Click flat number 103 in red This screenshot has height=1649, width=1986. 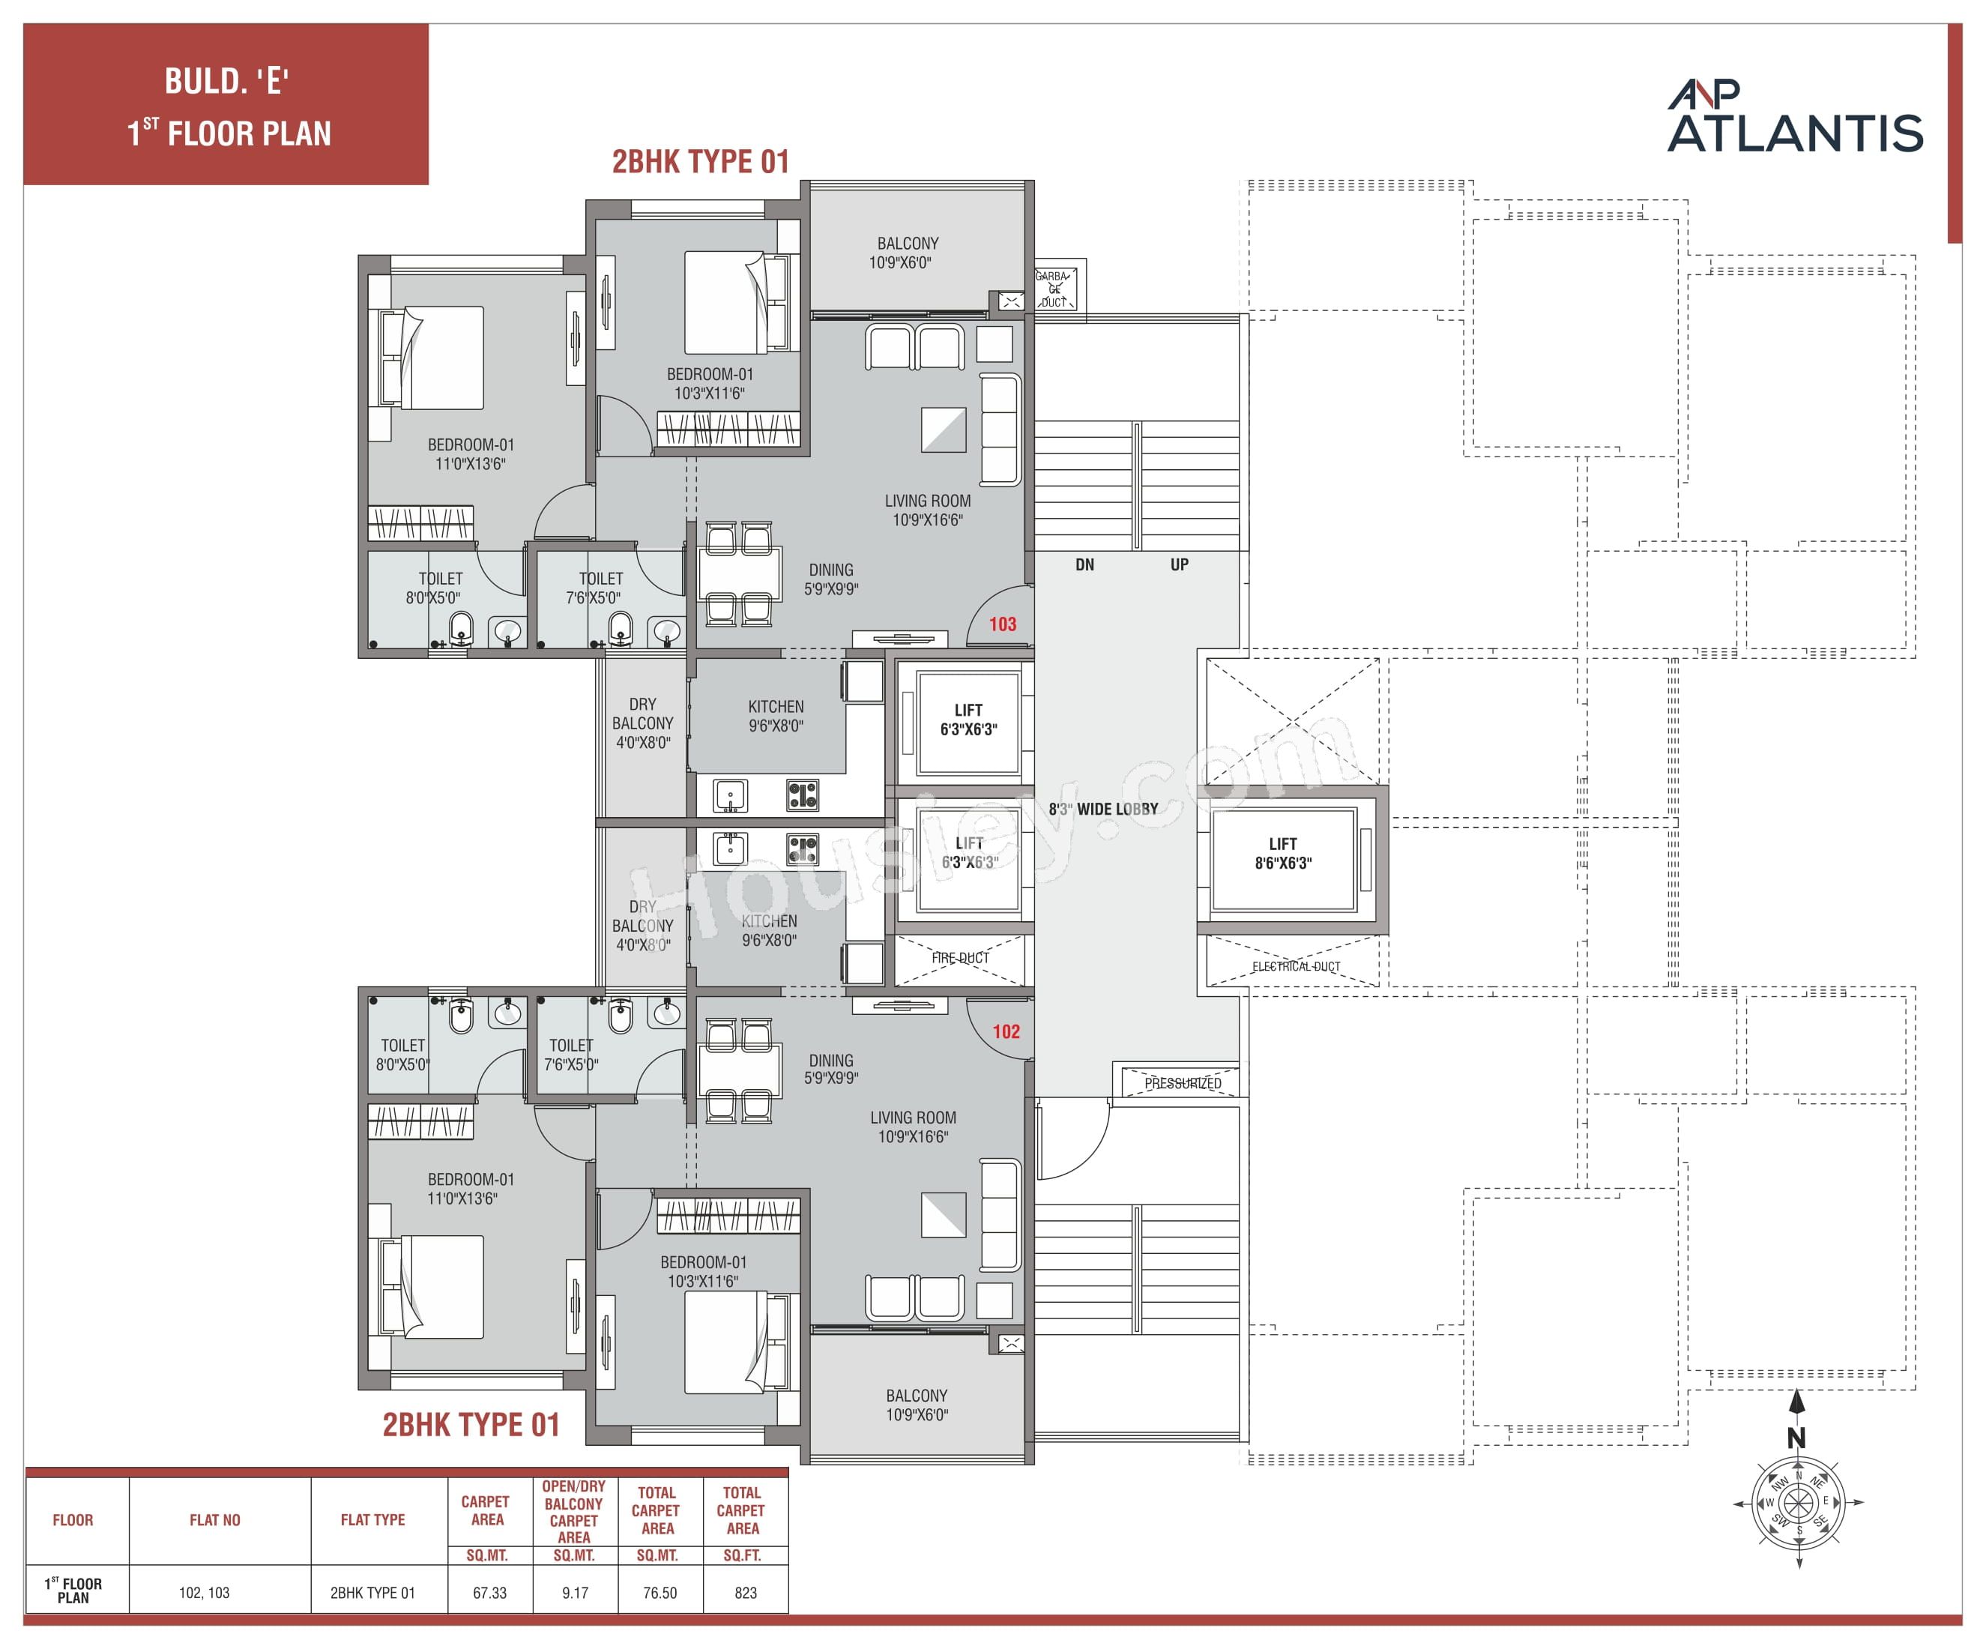1003,624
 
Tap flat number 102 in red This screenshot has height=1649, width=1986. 1005,1032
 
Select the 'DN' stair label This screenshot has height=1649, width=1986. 1084,565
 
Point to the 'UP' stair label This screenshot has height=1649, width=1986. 1180,565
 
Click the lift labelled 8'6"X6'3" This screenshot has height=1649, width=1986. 1283,854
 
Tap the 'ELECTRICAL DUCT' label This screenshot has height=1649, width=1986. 1296,967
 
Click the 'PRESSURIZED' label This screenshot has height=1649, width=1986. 1182,1083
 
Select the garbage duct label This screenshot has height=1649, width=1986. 1054,289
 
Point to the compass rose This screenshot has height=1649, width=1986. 1797,1501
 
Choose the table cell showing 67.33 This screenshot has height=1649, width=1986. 490,1594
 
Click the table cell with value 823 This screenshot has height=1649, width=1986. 745,1594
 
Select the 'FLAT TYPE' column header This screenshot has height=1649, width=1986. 372,1520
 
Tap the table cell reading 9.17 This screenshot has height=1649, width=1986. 575,1594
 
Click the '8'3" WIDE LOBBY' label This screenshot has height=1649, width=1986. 1102,809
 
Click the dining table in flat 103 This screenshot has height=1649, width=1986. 740,574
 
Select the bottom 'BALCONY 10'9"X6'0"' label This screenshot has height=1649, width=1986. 916,1405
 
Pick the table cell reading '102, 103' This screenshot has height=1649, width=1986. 205,1594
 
